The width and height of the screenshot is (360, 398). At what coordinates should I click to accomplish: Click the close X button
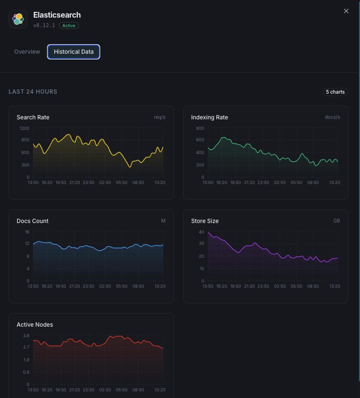coord(346,11)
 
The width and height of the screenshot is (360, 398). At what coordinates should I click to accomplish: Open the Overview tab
coord(27,52)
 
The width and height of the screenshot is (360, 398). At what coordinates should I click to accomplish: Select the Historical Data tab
coord(74,52)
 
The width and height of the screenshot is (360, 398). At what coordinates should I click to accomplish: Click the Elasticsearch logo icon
coord(18,19)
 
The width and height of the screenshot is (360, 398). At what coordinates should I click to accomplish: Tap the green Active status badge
coord(69,26)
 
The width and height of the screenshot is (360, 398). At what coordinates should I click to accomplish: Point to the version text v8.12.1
coord(44,26)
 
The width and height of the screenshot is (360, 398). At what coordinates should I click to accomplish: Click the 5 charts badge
coord(335,92)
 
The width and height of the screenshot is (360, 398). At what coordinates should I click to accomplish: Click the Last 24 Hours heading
coord(33,92)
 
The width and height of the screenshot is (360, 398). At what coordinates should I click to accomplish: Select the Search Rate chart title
coord(33,117)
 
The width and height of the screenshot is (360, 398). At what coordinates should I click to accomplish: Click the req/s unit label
coord(160,117)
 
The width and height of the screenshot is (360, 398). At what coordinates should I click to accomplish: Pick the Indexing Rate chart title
coord(209,117)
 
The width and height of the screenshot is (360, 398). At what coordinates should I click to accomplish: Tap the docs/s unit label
coord(332,117)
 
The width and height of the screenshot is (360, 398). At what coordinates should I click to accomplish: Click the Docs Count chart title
coord(32,221)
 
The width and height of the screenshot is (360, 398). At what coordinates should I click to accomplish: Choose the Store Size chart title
coord(205,221)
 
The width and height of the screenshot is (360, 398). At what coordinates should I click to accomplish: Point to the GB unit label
coord(336,221)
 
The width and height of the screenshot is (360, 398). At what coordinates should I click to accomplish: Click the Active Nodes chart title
coord(35,325)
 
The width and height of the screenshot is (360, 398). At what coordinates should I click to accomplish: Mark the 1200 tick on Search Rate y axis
coord(24,128)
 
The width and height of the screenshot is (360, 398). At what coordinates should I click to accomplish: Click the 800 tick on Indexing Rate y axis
coord(200,128)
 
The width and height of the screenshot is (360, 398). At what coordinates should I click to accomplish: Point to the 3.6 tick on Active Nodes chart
coord(26,336)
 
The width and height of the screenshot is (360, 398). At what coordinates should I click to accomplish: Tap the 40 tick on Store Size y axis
coord(201,232)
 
